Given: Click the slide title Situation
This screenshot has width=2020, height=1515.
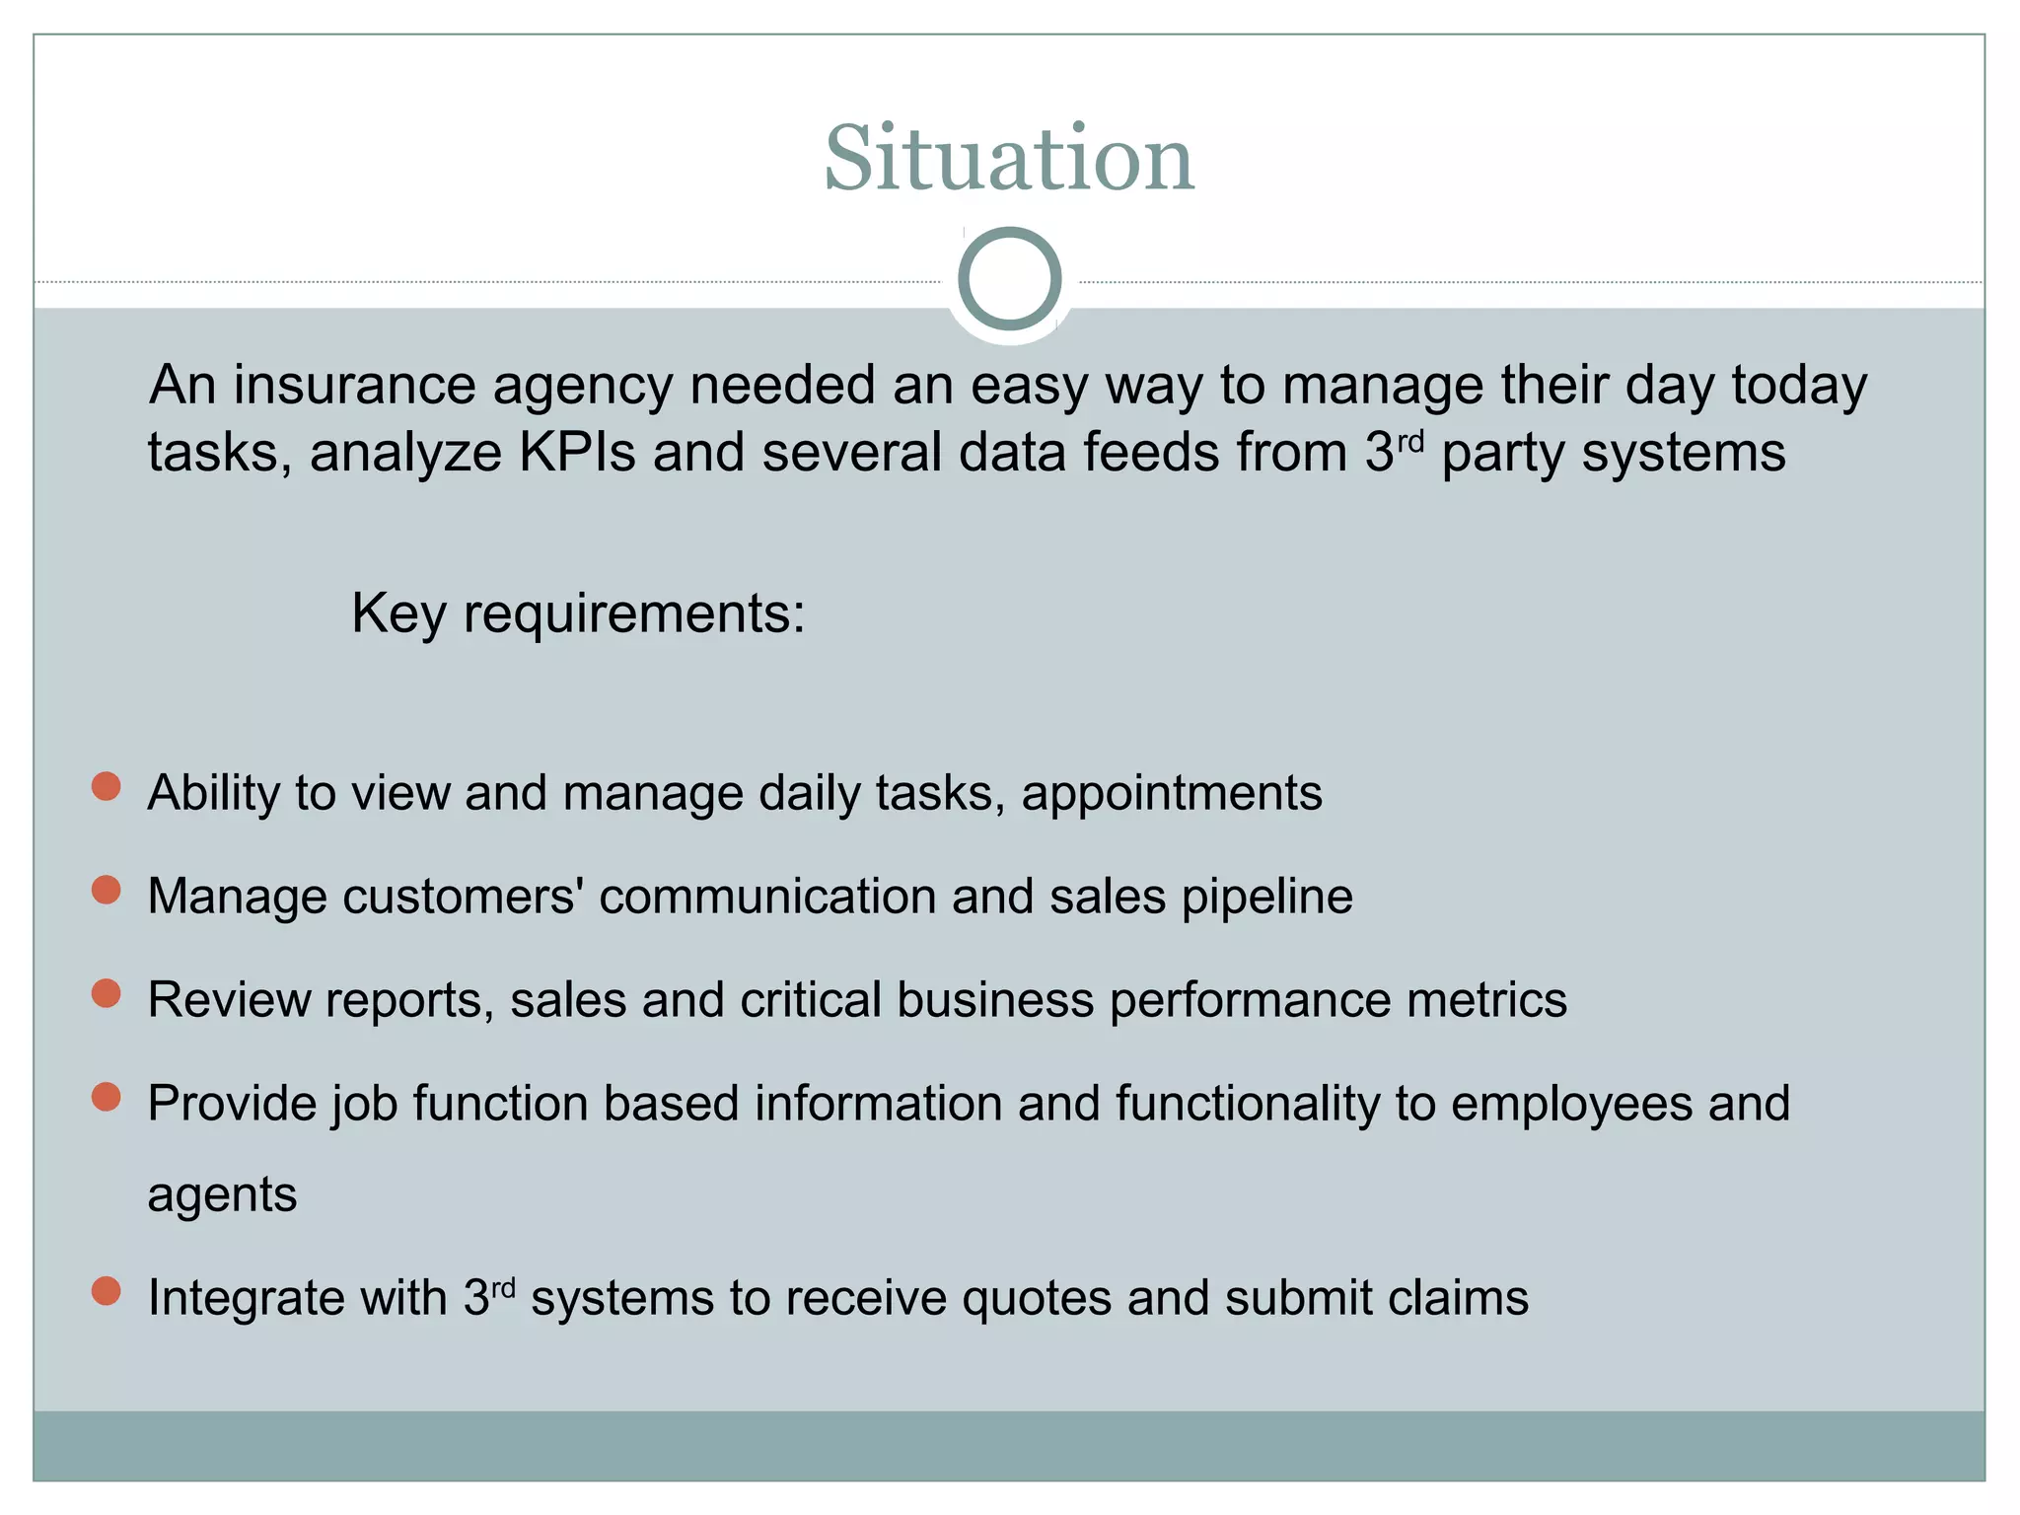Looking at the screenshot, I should (x=1009, y=159).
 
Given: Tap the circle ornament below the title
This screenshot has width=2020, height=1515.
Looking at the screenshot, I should (x=1009, y=278).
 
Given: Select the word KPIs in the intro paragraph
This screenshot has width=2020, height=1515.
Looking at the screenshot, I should (x=577, y=453).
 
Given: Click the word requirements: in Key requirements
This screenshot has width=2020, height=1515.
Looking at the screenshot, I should (x=634, y=613).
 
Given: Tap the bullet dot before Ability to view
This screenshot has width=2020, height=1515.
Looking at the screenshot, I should (x=106, y=786).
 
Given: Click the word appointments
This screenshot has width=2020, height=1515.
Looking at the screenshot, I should (x=1172, y=794).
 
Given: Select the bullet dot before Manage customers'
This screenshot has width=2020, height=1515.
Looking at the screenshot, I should (x=106, y=890).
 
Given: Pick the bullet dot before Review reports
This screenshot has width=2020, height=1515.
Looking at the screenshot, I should (x=106, y=993).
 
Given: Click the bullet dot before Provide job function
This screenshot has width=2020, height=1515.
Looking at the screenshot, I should (x=106, y=1097).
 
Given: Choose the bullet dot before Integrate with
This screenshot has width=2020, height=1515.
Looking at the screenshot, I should (x=106, y=1291).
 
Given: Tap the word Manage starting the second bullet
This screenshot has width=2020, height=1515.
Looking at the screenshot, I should (x=237, y=898).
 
